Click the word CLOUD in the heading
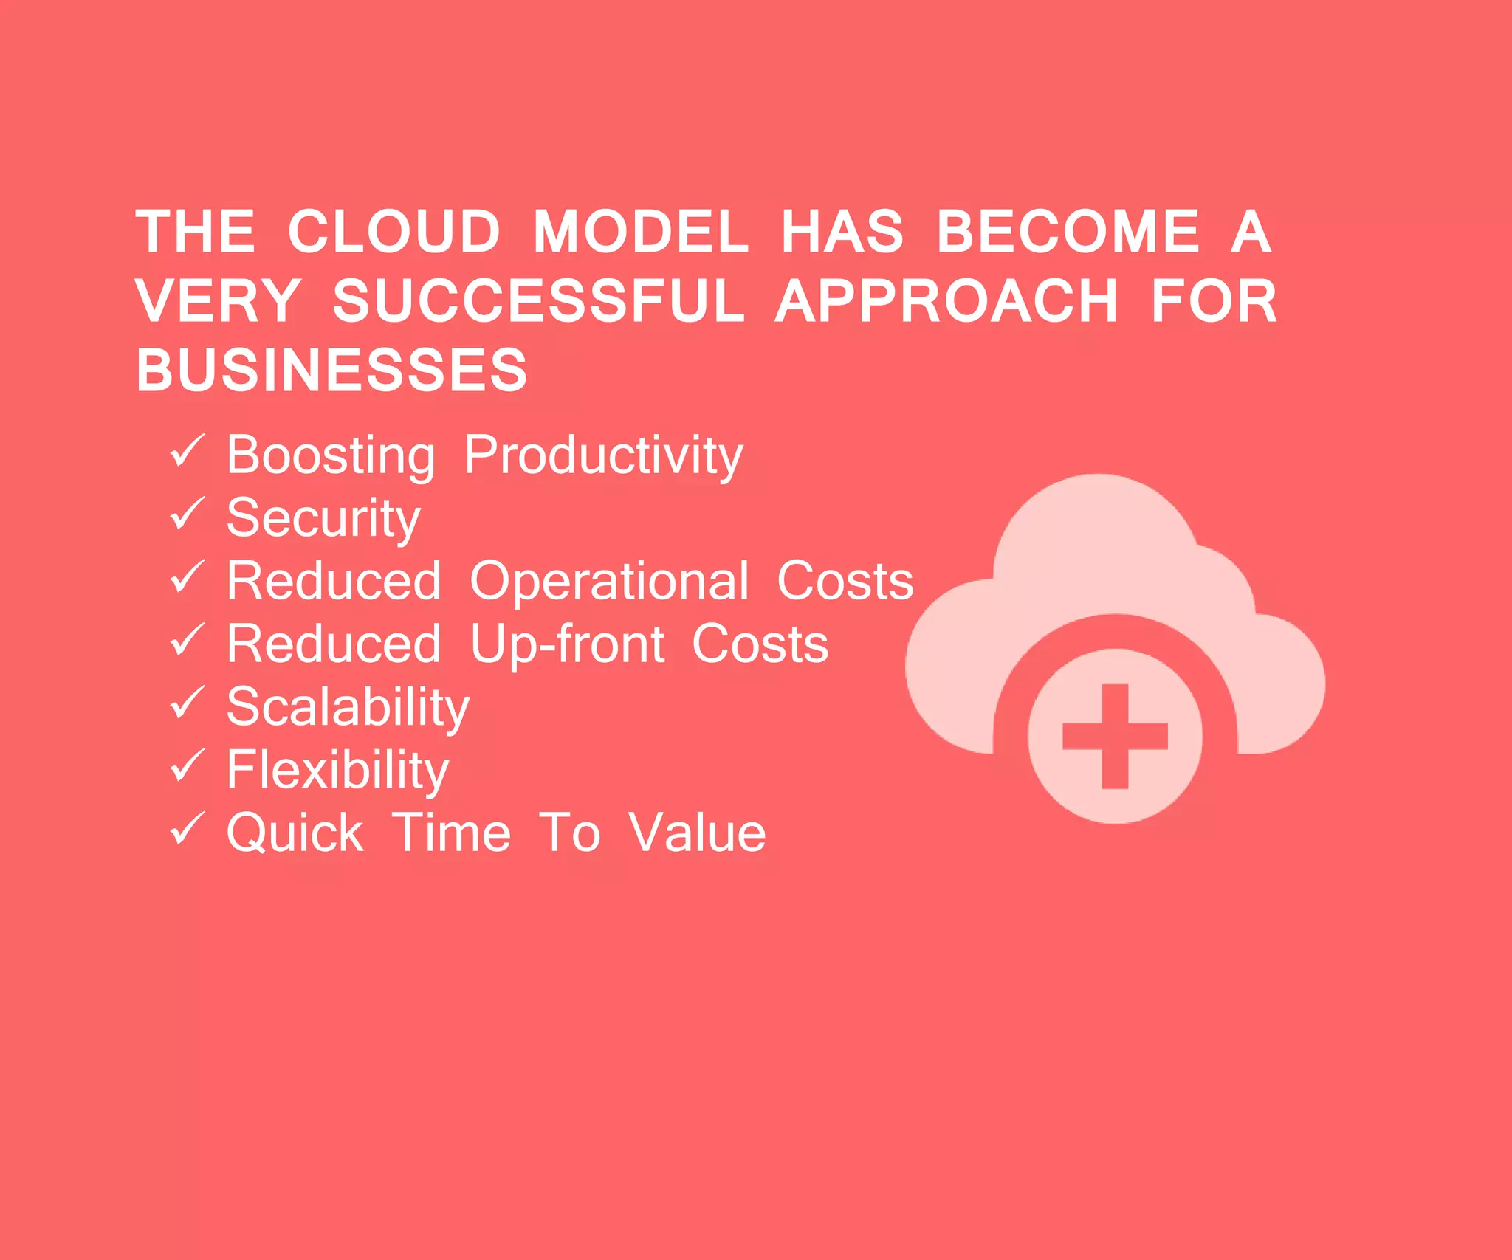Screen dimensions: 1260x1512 point(394,232)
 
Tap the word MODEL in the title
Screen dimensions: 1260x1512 point(640,232)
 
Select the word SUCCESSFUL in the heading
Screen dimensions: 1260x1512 point(538,301)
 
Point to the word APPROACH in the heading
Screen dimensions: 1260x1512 point(946,301)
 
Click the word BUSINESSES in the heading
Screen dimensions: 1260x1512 point(331,370)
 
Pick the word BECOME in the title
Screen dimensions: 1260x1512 point(1068,232)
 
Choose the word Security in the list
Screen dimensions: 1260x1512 point(323,519)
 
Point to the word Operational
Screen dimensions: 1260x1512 point(610,581)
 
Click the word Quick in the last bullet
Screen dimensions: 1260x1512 point(295,833)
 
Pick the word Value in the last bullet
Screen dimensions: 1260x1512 point(697,833)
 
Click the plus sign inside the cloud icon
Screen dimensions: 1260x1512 point(1115,736)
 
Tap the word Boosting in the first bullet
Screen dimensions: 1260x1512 point(331,455)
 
